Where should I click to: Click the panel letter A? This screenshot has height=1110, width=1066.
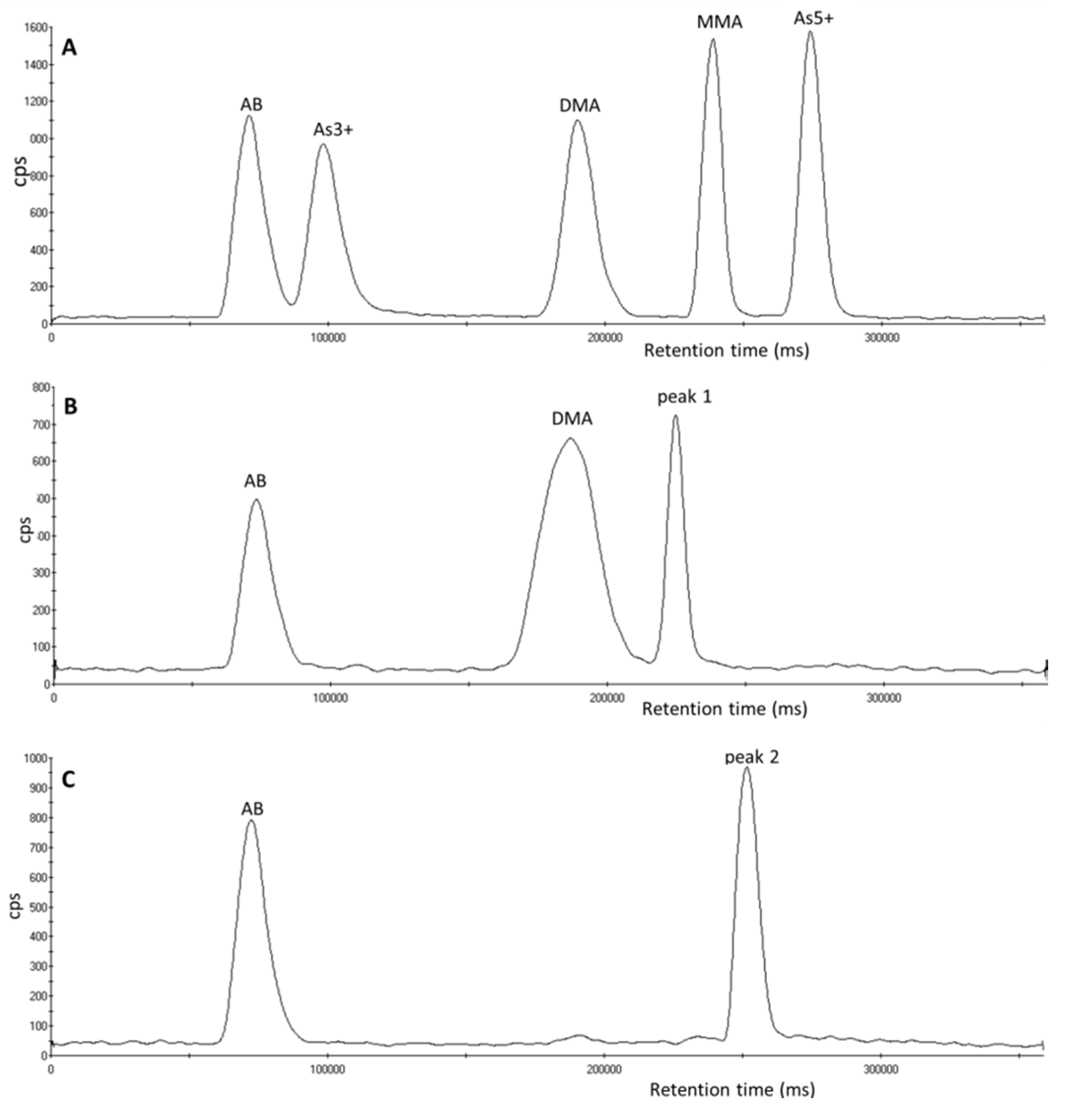[69, 47]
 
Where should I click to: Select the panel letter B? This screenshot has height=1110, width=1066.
[70, 407]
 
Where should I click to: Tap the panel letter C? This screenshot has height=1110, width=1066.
[68, 780]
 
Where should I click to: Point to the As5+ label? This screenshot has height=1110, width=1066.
[813, 18]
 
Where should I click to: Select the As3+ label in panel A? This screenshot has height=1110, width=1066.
[333, 130]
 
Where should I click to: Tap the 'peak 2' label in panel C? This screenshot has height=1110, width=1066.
[752, 757]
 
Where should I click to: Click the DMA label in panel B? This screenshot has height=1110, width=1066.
[572, 419]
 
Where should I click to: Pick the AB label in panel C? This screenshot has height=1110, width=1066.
[252, 809]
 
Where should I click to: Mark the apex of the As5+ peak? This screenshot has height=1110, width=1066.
[810, 32]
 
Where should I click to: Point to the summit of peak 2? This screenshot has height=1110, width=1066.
[746, 769]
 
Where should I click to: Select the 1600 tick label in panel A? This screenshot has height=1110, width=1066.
[36, 28]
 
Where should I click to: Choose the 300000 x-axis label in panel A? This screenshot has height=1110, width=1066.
[881, 338]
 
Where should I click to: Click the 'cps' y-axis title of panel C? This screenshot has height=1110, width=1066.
[16, 906]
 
